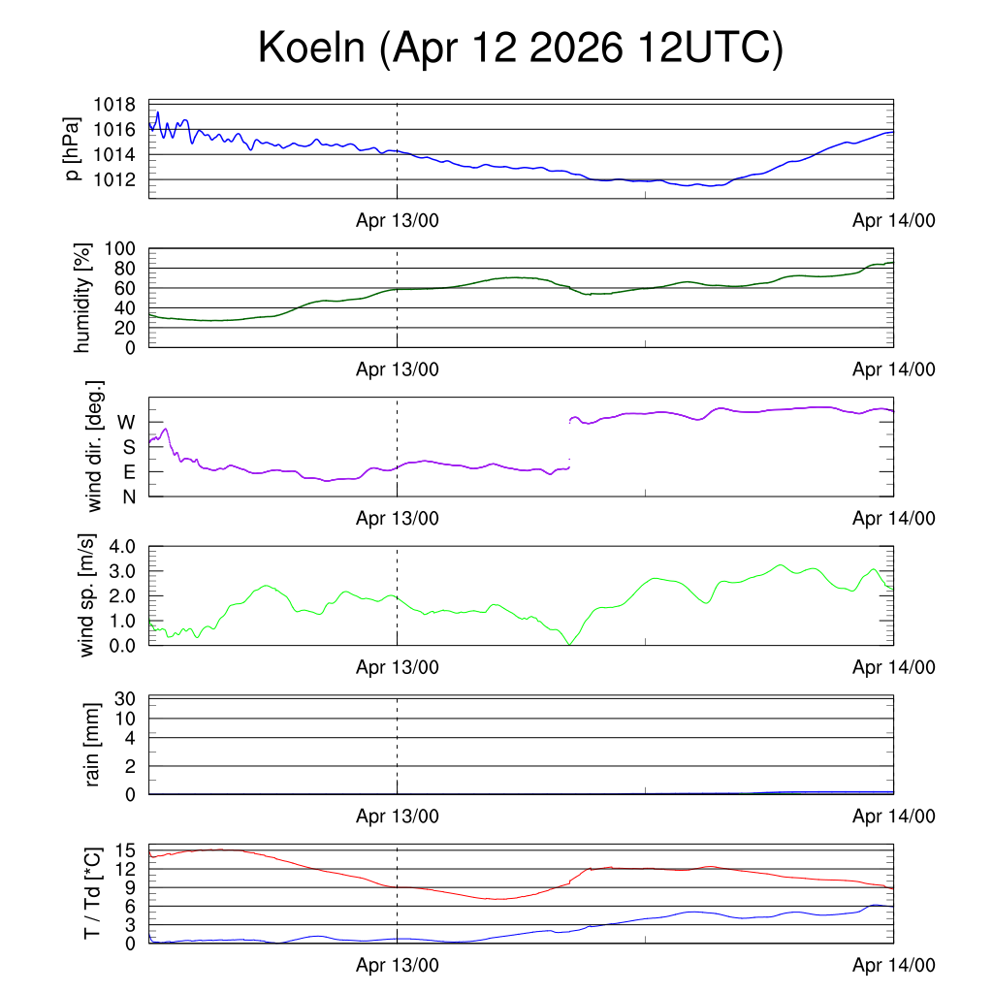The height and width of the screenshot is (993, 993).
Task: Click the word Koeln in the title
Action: (311, 47)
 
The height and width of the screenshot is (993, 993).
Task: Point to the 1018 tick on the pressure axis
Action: (114, 105)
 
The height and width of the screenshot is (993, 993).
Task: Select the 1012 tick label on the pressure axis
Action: (114, 179)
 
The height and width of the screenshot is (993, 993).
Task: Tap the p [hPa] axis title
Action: (73, 148)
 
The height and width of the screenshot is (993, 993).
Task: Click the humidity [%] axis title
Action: (82, 298)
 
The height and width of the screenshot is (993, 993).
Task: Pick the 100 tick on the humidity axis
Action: (120, 249)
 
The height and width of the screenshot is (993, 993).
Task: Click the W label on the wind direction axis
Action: (126, 423)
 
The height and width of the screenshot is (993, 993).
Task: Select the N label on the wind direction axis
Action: (129, 497)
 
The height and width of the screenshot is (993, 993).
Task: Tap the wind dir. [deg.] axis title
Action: (94, 446)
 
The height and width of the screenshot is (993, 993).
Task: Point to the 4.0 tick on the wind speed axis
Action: (122, 547)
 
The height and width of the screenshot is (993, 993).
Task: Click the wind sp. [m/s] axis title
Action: (86, 595)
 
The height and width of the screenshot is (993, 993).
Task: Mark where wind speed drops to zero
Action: (570, 645)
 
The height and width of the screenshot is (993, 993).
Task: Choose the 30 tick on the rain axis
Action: (125, 699)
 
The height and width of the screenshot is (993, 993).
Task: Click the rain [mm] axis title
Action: (92, 745)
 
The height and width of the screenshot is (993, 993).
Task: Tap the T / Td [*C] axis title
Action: (92, 893)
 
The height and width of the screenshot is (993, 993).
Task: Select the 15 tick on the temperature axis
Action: (125, 850)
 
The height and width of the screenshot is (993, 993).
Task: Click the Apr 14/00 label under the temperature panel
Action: (893, 965)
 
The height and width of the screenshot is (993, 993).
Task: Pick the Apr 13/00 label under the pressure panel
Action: (397, 220)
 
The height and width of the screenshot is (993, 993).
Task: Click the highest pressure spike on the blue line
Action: (158, 112)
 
